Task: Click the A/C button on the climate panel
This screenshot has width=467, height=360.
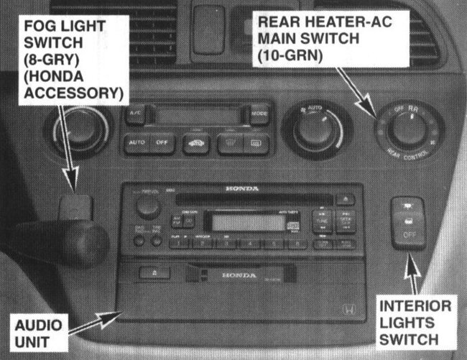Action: (x=135, y=114)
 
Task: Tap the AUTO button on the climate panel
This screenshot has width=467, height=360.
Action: (x=137, y=142)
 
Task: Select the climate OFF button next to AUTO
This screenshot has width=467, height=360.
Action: (x=162, y=142)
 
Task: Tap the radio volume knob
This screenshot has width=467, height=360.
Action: (x=148, y=207)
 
